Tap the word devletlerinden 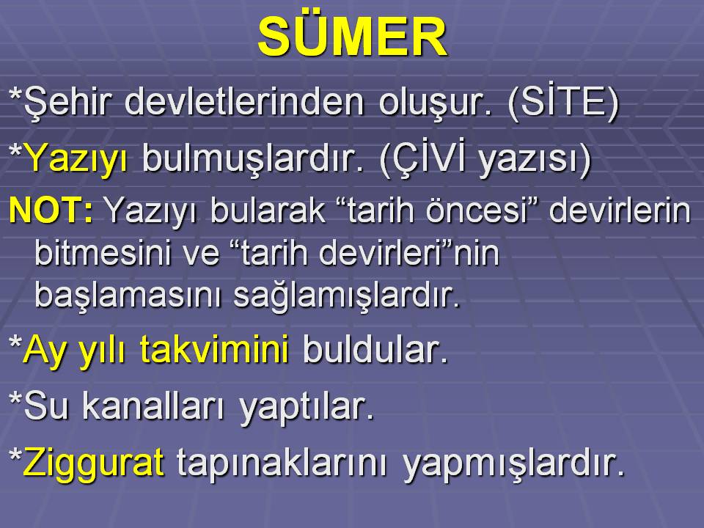click(x=243, y=102)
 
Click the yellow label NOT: click(x=51, y=209)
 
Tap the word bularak click(x=268, y=209)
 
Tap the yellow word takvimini click(x=213, y=349)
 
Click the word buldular click(x=375, y=349)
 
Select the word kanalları click(x=153, y=406)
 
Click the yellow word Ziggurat click(x=93, y=463)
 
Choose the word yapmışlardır click(x=513, y=463)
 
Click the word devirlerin click(x=620, y=209)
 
